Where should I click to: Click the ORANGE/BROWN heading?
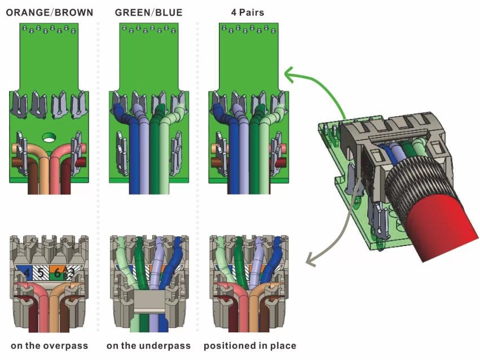click(49, 12)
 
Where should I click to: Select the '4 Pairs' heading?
click(249, 12)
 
